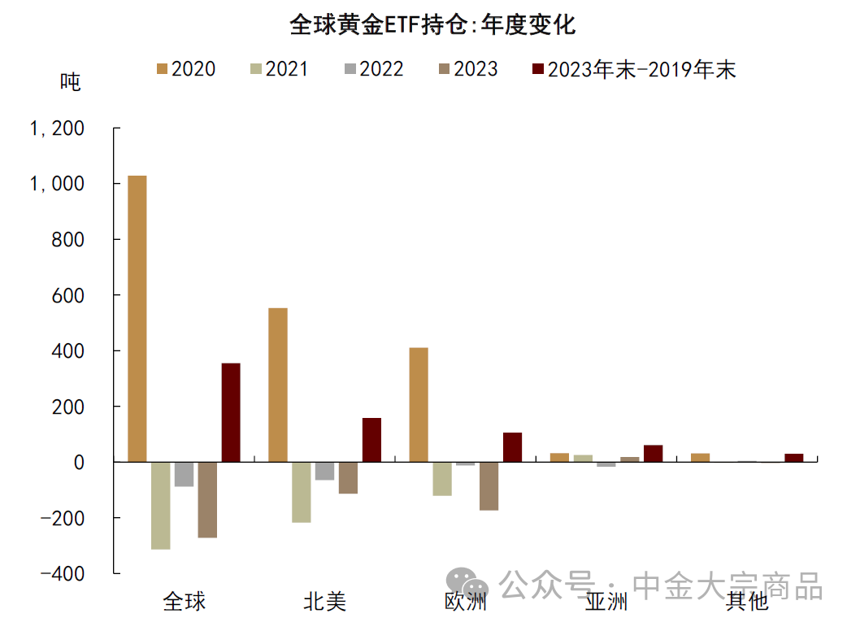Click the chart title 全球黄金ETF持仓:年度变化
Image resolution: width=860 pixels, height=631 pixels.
[432, 25]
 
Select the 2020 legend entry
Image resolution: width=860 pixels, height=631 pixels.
[185, 69]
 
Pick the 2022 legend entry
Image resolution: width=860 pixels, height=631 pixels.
[372, 69]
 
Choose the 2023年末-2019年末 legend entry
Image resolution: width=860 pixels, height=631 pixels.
[632, 69]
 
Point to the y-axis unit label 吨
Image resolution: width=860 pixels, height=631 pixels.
[71, 82]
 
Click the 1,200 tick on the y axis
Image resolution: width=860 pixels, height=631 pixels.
[57, 129]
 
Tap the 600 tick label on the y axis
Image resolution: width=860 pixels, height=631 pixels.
[67, 296]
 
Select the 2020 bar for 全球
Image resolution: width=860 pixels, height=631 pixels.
[137, 318]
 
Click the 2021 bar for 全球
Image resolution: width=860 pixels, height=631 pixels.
[161, 505]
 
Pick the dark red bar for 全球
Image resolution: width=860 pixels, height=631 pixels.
[231, 412]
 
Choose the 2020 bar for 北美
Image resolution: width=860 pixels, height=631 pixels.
[278, 385]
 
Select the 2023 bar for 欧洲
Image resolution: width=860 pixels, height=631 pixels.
[489, 485]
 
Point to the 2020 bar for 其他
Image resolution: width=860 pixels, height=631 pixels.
[700, 457]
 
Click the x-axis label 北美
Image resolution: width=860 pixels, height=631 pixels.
[324, 602]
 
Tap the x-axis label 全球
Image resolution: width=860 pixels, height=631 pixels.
[185, 602]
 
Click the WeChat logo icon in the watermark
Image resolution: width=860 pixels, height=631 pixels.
[467, 583]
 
